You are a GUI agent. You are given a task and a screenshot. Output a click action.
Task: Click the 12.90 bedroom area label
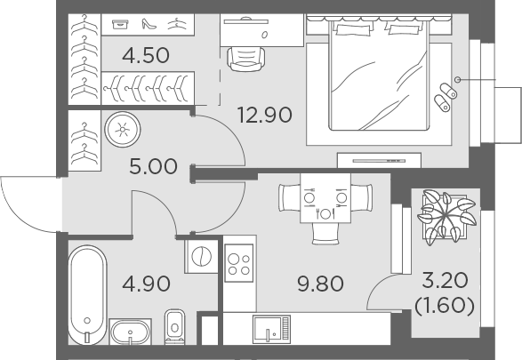pos(265,115)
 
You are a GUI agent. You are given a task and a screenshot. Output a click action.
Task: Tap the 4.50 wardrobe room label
pos(146,56)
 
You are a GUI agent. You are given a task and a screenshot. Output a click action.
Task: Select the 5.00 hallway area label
pos(153,167)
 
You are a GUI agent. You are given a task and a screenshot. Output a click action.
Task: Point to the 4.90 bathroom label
pos(146,284)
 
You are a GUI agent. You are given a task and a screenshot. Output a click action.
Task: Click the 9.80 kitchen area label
pos(320,284)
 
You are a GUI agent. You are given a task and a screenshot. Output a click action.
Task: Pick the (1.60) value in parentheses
pos(445,306)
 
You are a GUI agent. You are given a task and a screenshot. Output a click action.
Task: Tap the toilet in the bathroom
pos(175,327)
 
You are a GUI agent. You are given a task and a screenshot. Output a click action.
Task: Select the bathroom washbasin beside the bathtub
pos(130,332)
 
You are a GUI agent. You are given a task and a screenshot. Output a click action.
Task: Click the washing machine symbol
pos(201,257)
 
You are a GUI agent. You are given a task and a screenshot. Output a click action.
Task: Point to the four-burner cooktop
pos(238,263)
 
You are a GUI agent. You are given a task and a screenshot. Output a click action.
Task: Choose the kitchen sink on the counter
pos(271,330)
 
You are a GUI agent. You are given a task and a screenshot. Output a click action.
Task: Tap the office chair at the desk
pos(246,60)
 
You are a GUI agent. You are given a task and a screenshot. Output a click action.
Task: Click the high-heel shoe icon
pos(149,24)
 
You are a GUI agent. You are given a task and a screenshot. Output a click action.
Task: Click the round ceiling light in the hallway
pos(123,130)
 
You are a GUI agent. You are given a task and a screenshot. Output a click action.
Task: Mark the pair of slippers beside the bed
pos(446,97)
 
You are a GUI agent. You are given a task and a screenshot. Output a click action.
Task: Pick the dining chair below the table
pos(325,234)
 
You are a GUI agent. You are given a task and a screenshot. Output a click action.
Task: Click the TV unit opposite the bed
pos(379,160)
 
